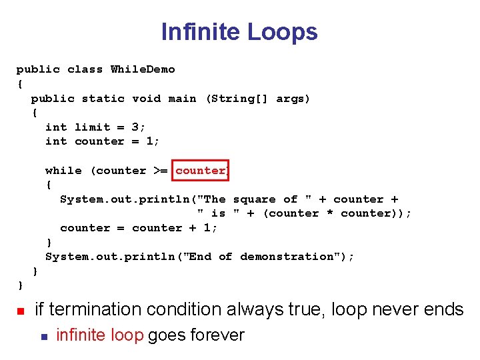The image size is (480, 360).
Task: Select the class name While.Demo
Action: pyautogui.click(x=143, y=69)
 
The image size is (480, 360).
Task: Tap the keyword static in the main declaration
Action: pyautogui.click(x=103, y=99)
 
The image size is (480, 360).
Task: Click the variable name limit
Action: pyautogui.click(x=93, y=127)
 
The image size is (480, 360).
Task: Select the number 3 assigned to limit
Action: pyautogui.click(x=135, y=127)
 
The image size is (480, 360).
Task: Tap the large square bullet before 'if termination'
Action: pyautogui.click(x=21, y=311)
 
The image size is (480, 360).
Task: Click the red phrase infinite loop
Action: pyautogui.click(x=100, y=335)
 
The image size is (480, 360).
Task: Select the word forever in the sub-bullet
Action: pyautogui.click(x=217, y=335)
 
